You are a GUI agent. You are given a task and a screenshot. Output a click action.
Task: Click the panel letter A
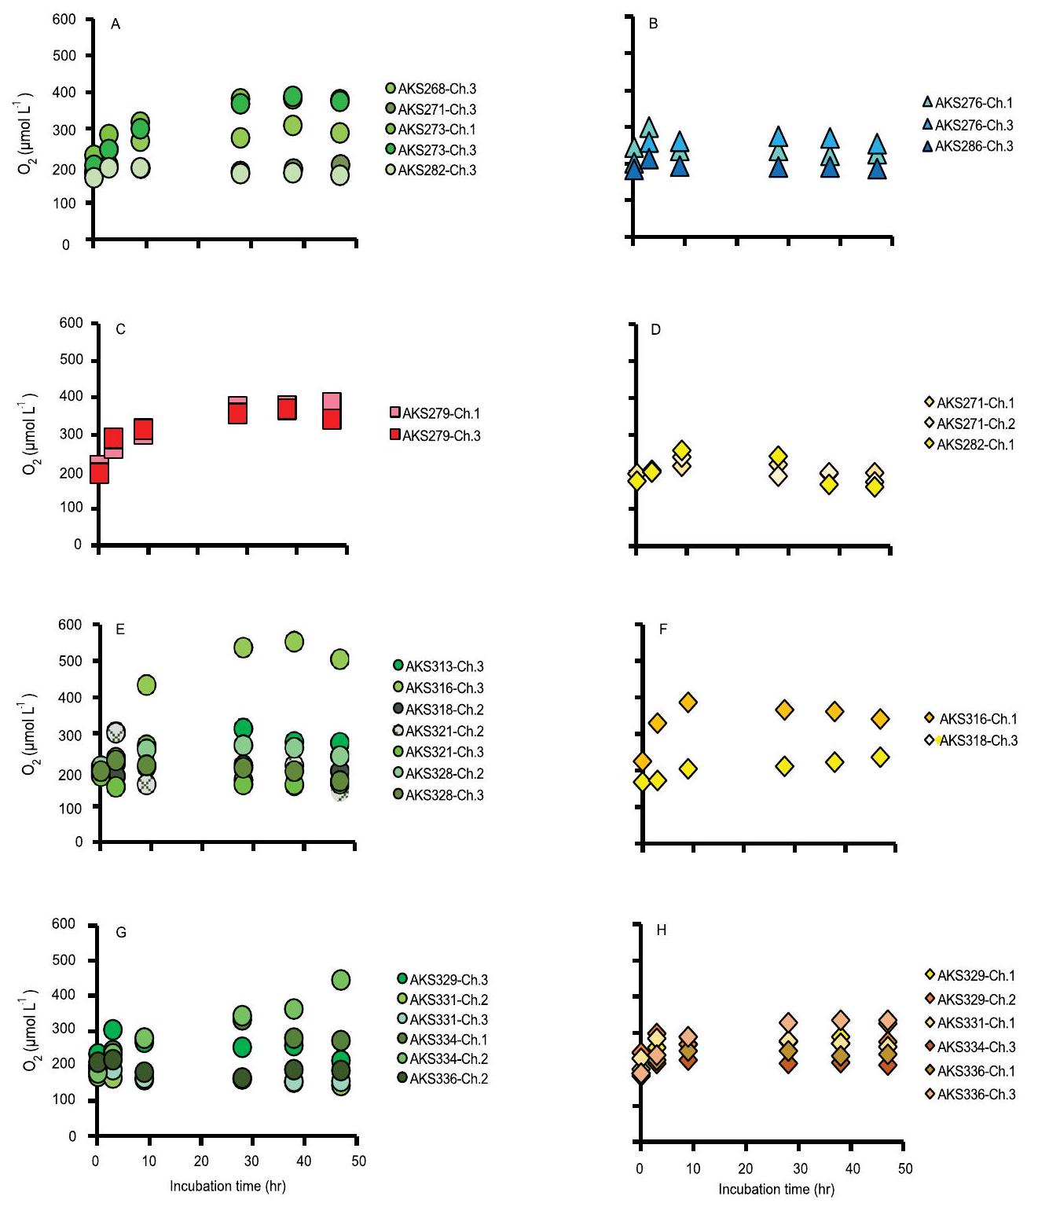pyautogui.click(x=116, y=24)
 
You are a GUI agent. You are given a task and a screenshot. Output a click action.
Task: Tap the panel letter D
pyautogui.click(x=656, y=329)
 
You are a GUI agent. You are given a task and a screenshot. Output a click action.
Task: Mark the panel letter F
pyautogui.click(x=663, y=629)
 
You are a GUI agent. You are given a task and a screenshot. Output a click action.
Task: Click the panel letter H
pyautogui.click(x=661, y=930)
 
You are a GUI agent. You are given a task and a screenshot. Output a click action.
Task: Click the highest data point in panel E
pyautogui.click(x=294, y=642)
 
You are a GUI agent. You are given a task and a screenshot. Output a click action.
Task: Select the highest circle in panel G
pyautogui.click(x=341, y=980)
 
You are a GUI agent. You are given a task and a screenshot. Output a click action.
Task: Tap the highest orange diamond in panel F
pyautogui.click(x=688, y=703)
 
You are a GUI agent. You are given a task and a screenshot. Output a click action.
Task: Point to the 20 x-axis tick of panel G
pyautogui.click(x=201, y=1161)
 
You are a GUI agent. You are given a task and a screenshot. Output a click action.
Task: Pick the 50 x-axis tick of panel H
pyautogui.click(x=905, y=1168)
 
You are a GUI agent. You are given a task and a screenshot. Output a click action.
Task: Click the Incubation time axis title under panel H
pyautogui.click(x=776, y=1190)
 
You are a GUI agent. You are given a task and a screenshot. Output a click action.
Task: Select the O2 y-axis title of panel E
pyautogui.click(x=28, y=734)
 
